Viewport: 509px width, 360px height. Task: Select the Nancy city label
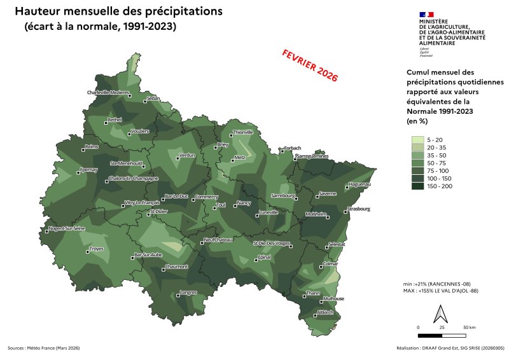coord(244,203)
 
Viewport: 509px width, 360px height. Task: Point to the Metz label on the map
coord(240,156)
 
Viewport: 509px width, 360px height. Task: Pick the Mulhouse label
coord(333,298)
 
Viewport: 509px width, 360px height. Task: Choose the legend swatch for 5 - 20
coord(417,140)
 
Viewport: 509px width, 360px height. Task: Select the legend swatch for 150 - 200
coord(417,186)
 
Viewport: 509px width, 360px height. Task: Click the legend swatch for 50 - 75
coord(417,163)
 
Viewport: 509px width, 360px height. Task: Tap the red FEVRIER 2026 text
coord(310,65)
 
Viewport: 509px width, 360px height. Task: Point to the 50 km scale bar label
coord(469,327)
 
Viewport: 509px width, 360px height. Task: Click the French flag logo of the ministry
coord(426,14)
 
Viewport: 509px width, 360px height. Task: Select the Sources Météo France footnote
coord(43,348)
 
